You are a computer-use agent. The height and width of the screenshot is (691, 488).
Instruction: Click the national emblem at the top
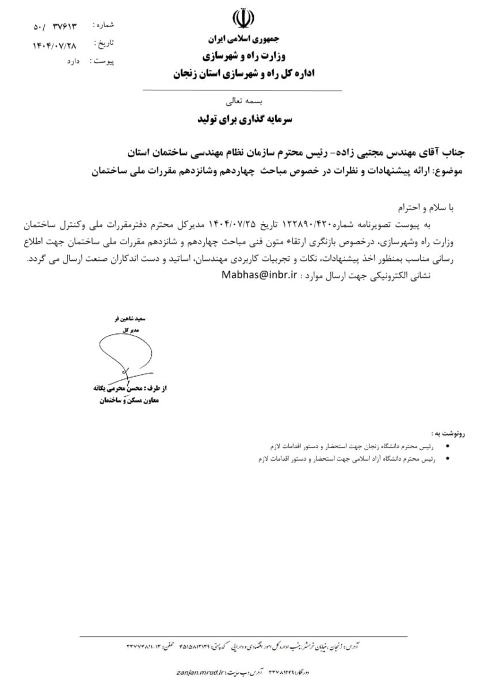click(242, 18)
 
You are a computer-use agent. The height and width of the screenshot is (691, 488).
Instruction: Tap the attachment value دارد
click(68, 60)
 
